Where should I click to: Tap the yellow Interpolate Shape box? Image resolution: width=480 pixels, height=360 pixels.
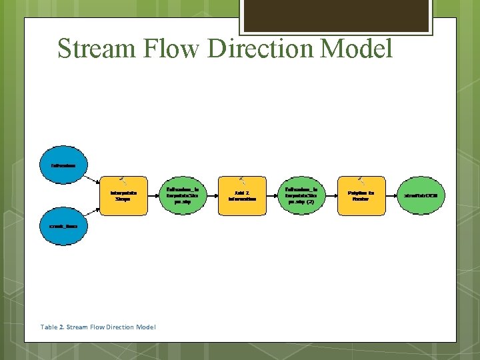tap(123, 195)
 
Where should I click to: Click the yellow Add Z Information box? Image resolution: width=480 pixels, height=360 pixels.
tap(242, 195)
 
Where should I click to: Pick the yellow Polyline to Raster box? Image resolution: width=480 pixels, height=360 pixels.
tap(361, 195)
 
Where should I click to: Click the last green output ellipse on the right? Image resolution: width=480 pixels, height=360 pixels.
tap(421, 195)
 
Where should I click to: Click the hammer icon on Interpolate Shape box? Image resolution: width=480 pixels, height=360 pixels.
tap(123, 179)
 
